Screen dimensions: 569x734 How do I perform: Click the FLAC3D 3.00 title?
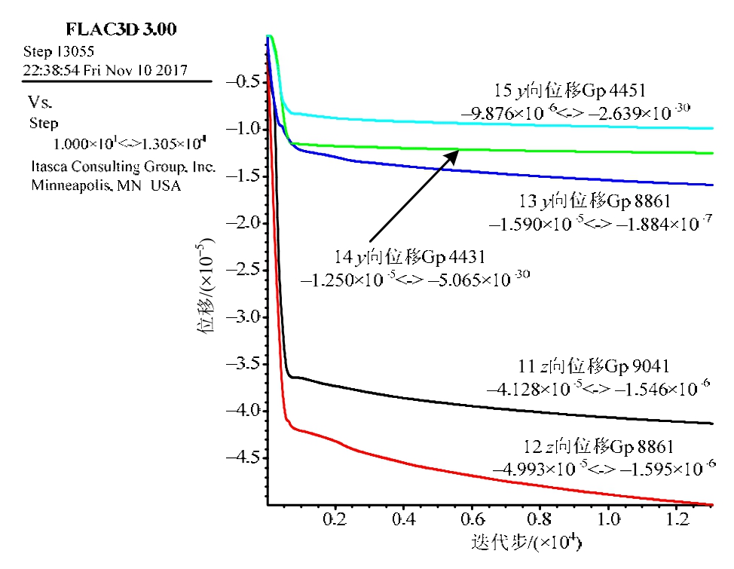coord(122,30)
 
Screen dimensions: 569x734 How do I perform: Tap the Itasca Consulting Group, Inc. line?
coord(122,167)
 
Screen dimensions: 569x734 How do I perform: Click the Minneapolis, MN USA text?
coord(106,185)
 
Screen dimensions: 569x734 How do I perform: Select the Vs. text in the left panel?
coord(40,102)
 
